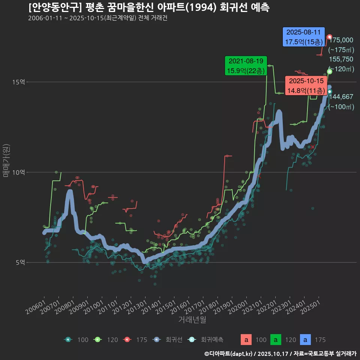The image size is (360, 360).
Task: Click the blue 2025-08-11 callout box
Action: click(x=304, y=37)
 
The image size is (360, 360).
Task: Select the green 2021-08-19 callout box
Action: click(x=246, y=66)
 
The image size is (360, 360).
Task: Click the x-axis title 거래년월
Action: click(x=192, y=319)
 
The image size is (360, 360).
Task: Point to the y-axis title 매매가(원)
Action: click(x=6, y=160)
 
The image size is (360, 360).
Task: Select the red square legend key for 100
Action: click(x=246, y=340)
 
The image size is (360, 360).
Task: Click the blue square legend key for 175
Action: click(x=306, y=340)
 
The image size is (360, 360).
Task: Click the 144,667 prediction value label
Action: click(x=341, y=97)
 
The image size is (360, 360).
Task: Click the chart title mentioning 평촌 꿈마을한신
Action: click(x=148, y=7)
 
